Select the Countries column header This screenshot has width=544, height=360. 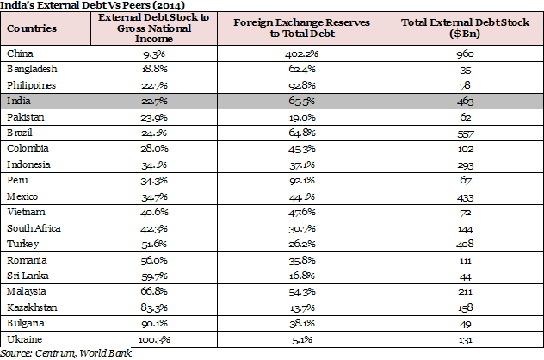pos(32,28)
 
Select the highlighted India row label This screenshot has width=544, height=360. pos(19,100)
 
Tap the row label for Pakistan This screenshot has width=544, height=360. pos(25,115)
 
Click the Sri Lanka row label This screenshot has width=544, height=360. pos(27,276)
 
